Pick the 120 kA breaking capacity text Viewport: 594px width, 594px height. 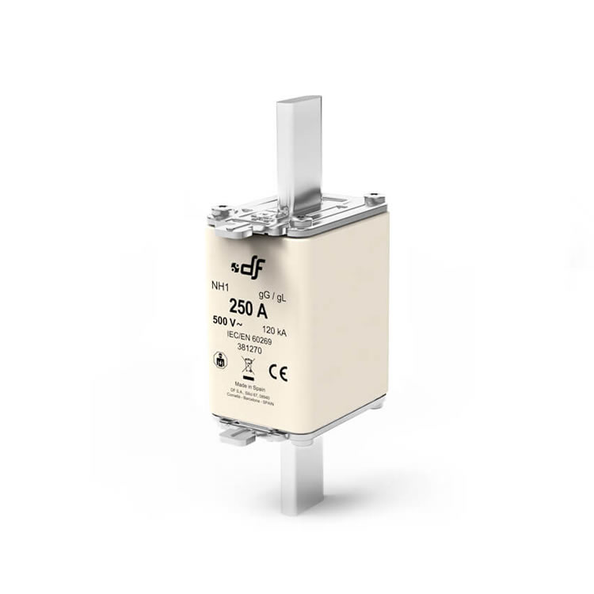pyautogui.click(x=272, y=332)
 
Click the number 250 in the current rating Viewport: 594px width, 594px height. pyautogui.click(x=239, y=308)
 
